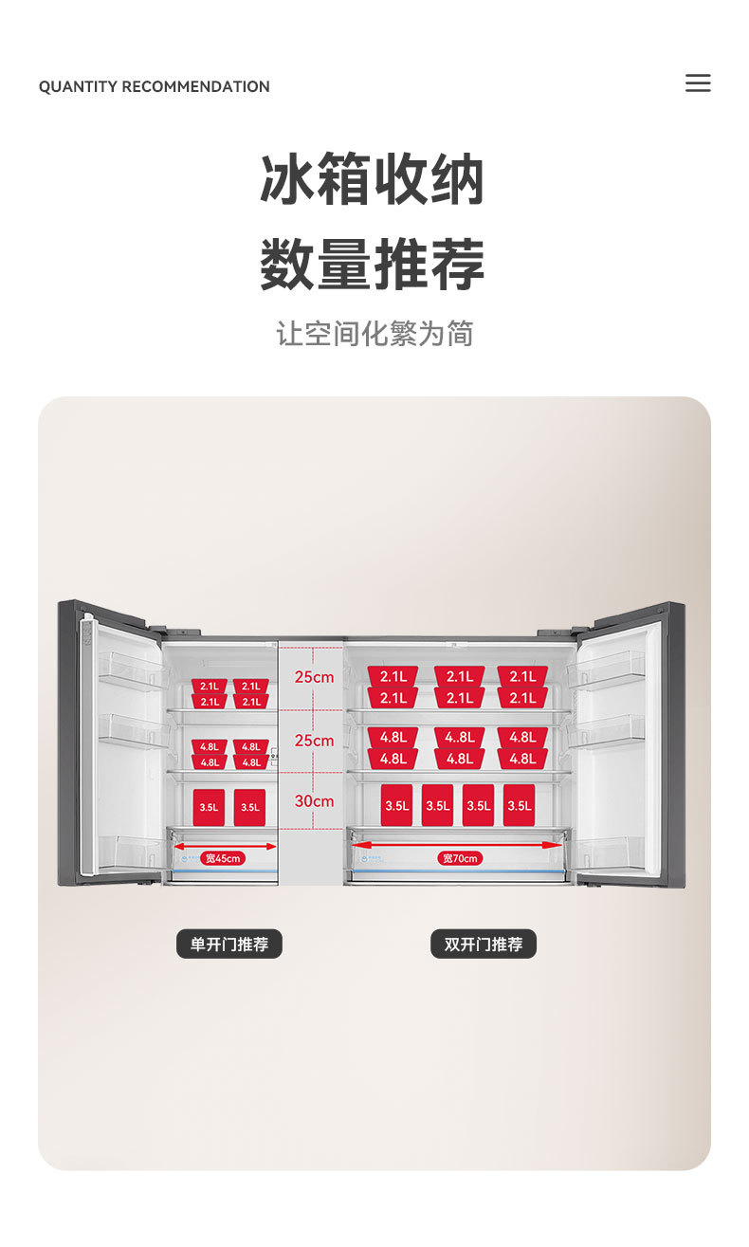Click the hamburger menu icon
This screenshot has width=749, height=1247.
[698, 83]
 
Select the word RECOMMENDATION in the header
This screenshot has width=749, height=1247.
[195, 87]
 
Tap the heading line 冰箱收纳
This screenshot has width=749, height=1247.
[373, 180]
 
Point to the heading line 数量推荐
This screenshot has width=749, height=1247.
[373, 265]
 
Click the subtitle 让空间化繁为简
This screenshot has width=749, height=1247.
[374, 334]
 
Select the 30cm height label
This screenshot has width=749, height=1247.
[314, 801]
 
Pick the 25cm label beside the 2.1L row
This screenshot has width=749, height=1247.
[314, 678]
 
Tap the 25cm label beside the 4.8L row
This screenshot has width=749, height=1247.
[314, 741]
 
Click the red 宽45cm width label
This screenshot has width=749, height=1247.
[223, 858]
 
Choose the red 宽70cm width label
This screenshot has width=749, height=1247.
[460, 858]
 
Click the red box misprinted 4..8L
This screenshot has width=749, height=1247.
[460, 737]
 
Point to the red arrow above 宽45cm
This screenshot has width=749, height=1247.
[224, 846]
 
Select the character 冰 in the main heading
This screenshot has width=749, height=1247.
[288, 180]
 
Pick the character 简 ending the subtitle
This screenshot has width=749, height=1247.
[460, 334]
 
